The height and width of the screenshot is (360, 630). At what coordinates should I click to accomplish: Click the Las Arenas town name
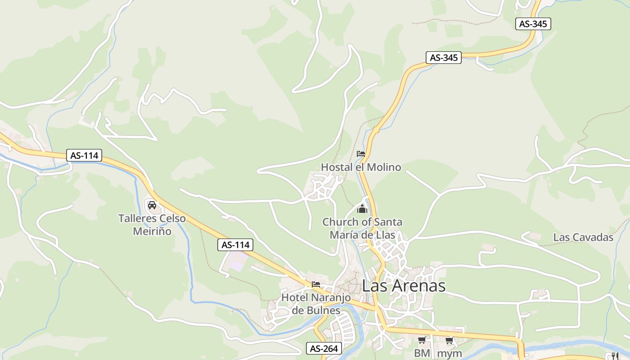pos(404,286)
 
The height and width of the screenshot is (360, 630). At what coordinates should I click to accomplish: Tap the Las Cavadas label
pos(583,238)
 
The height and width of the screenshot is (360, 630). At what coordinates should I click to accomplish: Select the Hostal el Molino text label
pos(360,167)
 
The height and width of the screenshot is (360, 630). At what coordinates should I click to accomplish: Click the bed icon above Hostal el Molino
pos(360,154)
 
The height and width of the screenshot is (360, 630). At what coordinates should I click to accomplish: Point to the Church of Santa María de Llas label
pos(362,228)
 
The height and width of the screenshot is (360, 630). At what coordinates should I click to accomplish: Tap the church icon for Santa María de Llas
pos(362,209)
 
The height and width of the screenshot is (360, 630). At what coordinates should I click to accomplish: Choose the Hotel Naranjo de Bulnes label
pos(316,304)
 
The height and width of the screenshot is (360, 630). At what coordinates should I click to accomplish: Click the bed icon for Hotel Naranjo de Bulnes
pos(316,284)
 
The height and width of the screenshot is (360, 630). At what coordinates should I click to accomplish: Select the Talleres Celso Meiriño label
pos(152,225)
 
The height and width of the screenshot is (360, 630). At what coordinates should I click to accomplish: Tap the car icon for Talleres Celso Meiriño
pos(152,205)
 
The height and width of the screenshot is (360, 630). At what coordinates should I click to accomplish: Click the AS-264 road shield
pos(324,348)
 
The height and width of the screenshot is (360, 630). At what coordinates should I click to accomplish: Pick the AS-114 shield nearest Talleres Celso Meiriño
pos(84,156)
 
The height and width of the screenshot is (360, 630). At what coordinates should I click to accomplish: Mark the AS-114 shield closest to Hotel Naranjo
pos(235,245)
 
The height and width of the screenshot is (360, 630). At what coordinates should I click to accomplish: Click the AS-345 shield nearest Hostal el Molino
pos(444,58)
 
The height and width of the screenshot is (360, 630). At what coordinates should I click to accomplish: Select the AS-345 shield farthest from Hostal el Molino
pos(533,24)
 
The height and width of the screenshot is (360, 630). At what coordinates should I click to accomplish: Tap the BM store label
pos(422,353)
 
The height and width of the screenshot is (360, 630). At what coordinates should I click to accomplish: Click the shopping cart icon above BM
pos(422,340)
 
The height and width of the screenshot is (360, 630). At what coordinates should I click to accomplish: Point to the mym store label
pos(449,353)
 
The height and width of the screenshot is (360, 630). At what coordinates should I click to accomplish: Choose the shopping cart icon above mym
pos(449,340)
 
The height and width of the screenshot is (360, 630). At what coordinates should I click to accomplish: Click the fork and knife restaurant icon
pos(615,356)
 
